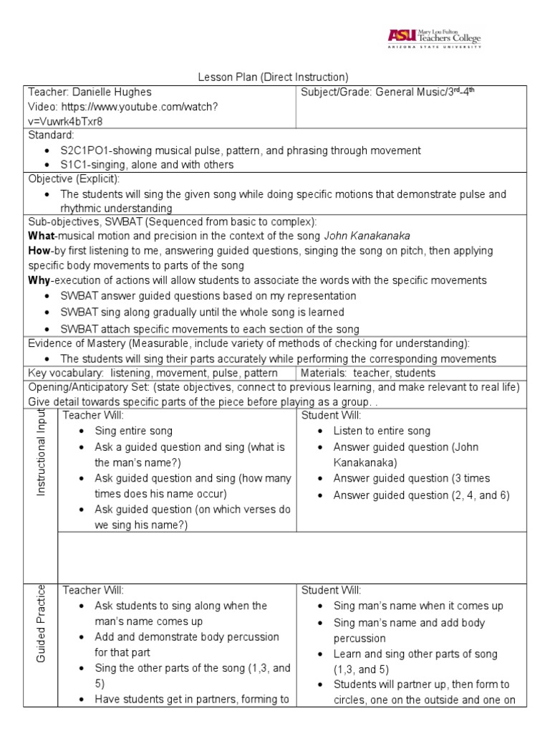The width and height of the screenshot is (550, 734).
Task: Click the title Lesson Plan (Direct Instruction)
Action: click(272, 77)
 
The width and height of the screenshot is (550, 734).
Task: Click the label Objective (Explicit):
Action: click(74, 179)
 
